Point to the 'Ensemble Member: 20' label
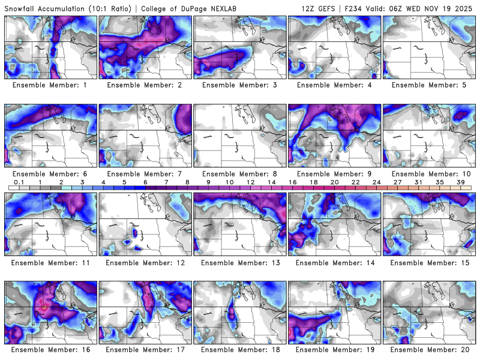(430, 350)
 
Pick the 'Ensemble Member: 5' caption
(430, 85)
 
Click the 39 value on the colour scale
(460, 181)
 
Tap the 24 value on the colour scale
(376, 181)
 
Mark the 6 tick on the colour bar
(145, 181)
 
